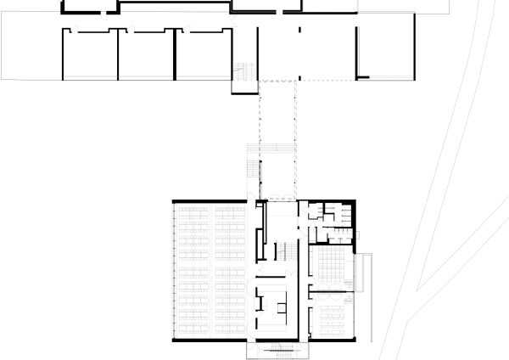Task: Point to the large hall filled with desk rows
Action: [x=210, y=270]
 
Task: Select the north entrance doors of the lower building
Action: [x=276, y=200]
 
